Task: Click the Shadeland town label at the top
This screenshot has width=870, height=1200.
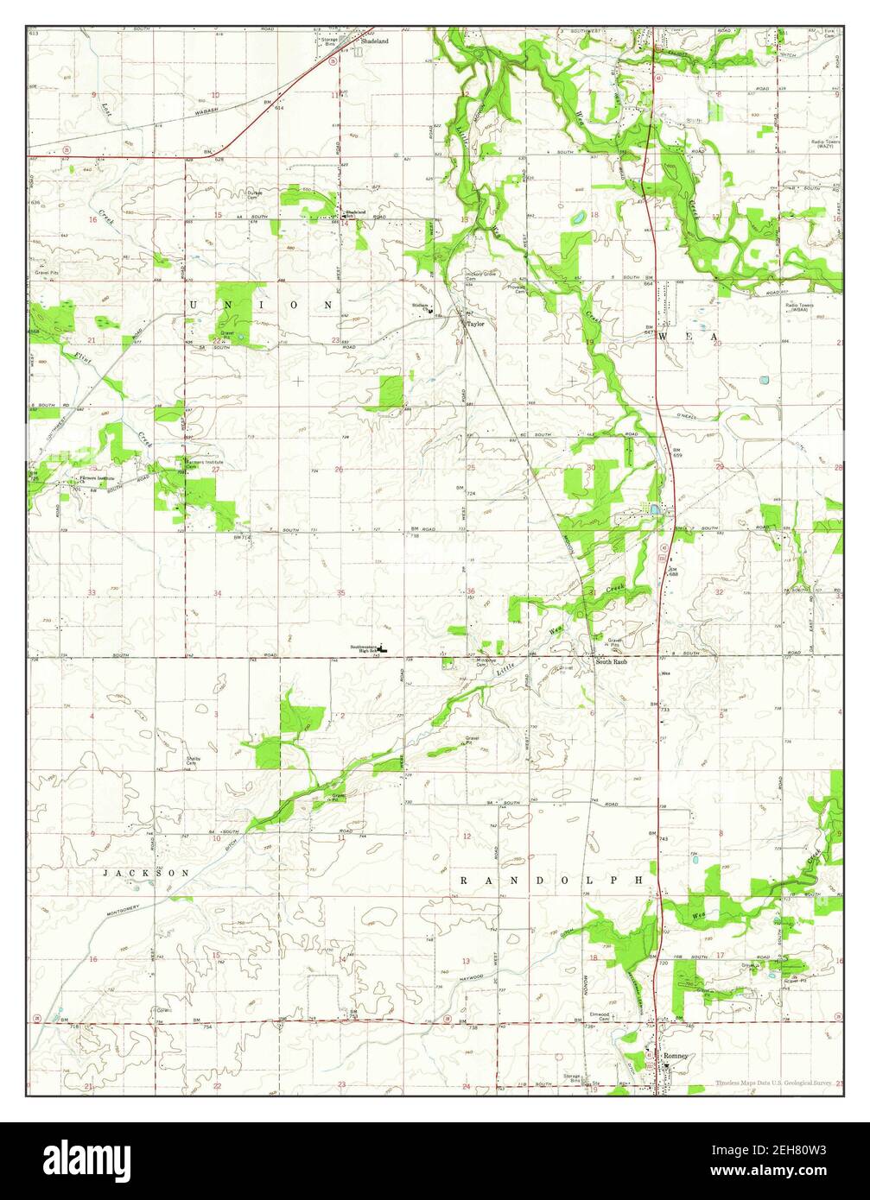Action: [x=375, y=41]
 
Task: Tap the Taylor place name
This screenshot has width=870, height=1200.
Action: [x=476, y=325]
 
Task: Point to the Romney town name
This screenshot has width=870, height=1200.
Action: [x=676, y=1056]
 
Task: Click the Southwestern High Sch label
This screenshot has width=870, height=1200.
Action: [x=364, y=647]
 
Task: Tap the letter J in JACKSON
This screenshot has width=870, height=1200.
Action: [x=107, y=873]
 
